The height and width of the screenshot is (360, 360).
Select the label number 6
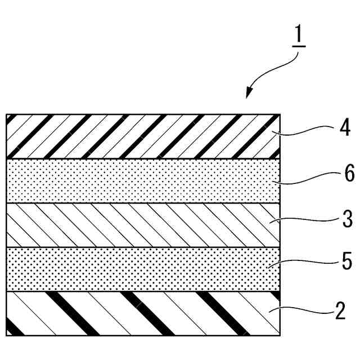(349, 174)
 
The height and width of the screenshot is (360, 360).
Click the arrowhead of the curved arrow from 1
(248, 95)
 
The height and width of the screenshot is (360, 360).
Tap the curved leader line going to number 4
(307, 131)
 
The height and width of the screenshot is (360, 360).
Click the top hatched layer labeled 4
(141, 136)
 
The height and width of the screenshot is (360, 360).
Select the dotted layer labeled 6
(141, 181)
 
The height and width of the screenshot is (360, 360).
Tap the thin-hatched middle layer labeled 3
(141, 225)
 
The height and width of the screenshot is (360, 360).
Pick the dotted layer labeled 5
(141, 269)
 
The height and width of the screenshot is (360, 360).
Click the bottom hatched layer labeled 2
(141, 313)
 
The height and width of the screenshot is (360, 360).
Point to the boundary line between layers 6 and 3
(141, 203)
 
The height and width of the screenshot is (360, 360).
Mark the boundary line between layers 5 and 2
(141, 291)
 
